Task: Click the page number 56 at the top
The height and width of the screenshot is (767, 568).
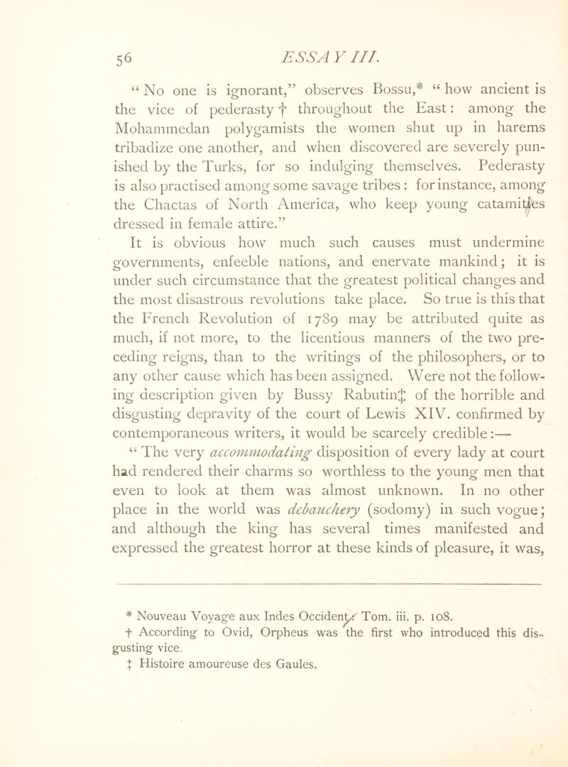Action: coord(50,33)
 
